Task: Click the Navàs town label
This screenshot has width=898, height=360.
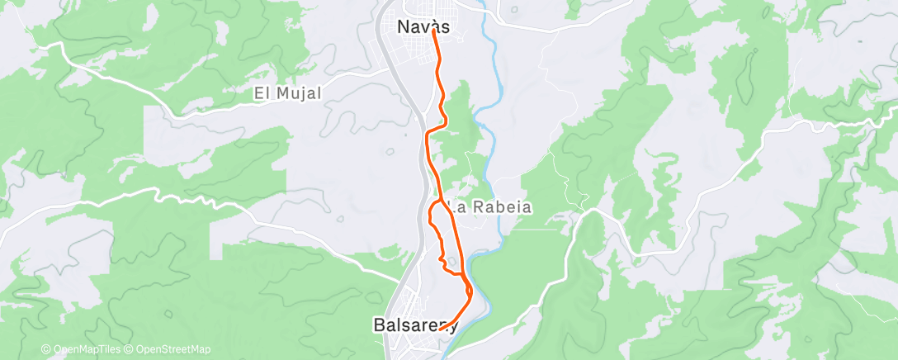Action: [423, 26]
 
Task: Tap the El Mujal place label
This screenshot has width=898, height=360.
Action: [287, 94]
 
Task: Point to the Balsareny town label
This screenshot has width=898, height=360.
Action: [415, 325]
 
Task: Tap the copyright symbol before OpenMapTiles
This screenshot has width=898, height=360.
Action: [46, 349]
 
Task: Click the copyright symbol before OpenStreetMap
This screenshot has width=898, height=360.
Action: [128, 349]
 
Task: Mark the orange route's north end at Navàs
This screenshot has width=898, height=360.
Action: [433, 32]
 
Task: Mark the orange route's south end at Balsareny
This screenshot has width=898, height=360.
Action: [441, 329]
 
